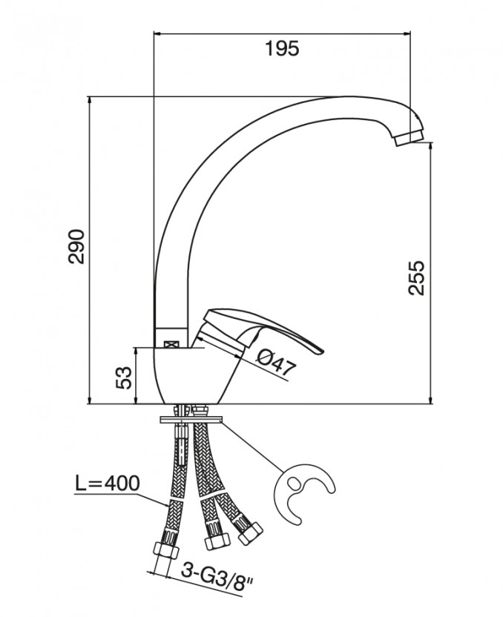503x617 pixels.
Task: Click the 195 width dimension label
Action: [282, 48]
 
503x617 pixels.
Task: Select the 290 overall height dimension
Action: [76, 246]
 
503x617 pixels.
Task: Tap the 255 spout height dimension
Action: [417, 277]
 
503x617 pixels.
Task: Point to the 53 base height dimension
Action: [124, 377]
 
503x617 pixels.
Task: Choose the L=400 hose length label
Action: [107, 484]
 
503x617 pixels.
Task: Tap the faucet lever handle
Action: [260, 328]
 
